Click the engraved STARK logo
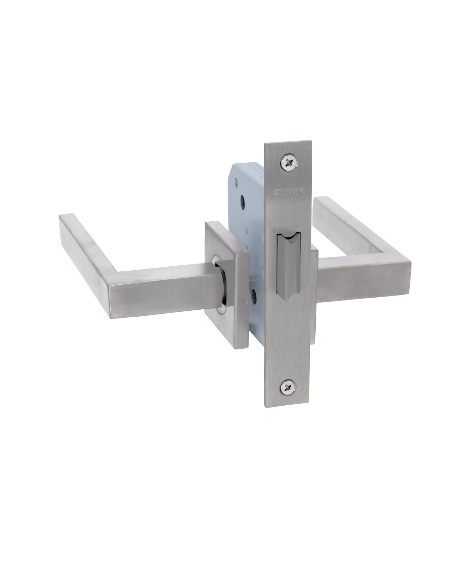click(x=289, y=192)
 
